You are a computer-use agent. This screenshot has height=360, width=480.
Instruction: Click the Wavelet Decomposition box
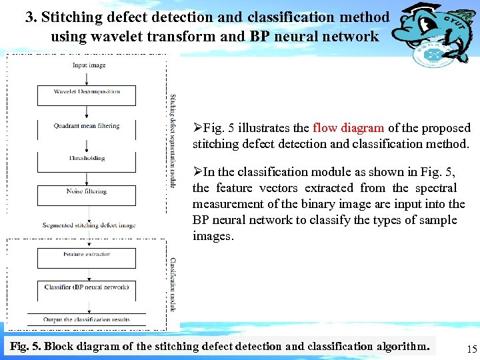(x=87, y=92)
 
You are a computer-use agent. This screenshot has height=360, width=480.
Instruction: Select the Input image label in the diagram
(x=89, y=65)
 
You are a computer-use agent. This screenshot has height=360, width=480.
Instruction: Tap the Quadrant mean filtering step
(x=87, y=125)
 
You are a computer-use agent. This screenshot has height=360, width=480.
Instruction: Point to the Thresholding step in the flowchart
(x=87, y=159)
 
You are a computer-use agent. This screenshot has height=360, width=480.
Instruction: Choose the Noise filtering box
(x=87, y=191)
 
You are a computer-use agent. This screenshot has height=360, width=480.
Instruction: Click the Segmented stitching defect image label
(x=89, y=225)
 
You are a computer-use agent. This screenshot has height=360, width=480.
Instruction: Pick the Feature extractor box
(x=87, y=255)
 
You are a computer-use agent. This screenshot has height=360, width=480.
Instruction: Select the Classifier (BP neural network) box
(x=87, y=287)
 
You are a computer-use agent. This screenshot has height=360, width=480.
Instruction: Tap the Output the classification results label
(x=87, y=320)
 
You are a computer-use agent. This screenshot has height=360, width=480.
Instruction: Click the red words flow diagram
(x=348, y=128)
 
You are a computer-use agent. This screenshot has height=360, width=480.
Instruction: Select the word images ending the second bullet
(x=213, y=236)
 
